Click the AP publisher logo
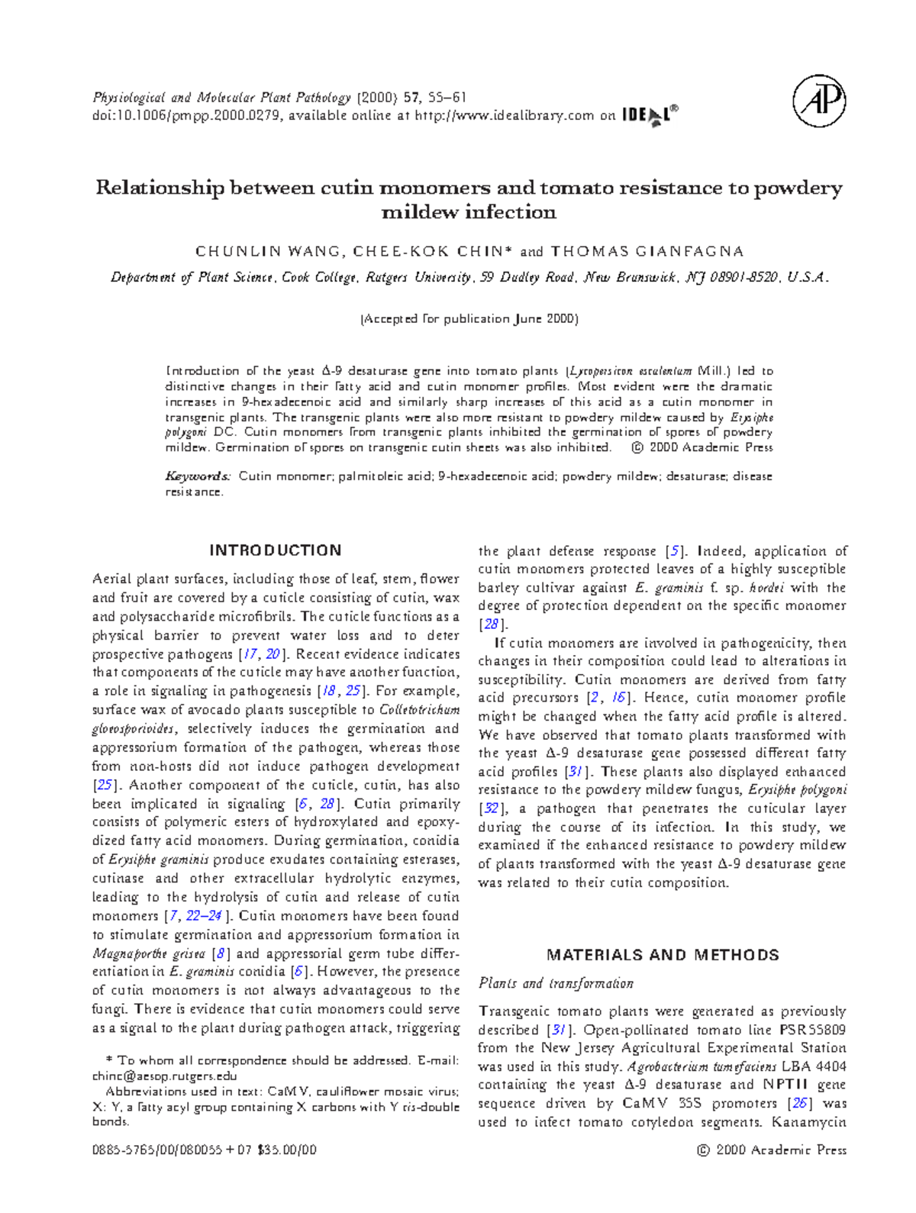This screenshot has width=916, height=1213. pyautogui.click(x=819, y=101)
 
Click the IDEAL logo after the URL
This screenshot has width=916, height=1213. pyautogui.click(x=649, y=116)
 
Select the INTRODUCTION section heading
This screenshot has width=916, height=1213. pyautogui.click(x=276, y=550)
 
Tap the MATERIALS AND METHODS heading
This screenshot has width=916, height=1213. pyautogui.click(x=663, y=955)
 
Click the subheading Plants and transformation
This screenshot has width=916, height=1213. pyautogui.click(x=556, y=983)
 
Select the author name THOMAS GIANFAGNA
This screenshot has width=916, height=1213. pyautogui.click(x=647, y=252)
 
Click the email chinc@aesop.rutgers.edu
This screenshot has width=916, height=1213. pyautogui.click(x=164, y=1076)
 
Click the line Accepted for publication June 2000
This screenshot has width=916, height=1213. pyautogui.click(x=469, y=319)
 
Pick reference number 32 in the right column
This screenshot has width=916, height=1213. pyautogui.click(x=492, y=808)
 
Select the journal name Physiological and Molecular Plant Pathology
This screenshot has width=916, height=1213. pyautogui.click(x=221, y=98)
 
